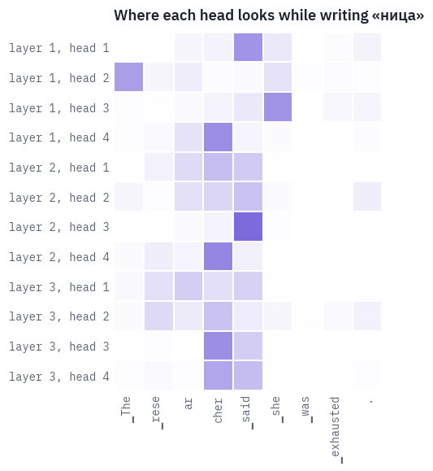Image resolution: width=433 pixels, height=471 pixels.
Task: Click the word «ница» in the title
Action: [398, 15]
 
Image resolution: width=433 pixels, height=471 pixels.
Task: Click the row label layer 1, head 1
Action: [59, 48]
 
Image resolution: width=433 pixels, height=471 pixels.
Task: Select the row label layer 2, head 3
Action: [59, 227]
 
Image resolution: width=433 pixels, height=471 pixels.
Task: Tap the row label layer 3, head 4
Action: [59, 377]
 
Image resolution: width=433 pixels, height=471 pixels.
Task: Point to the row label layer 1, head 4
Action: [59, 137]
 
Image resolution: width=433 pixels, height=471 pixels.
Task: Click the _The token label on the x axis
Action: [127, 409]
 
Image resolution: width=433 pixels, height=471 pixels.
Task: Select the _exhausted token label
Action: [336, 430]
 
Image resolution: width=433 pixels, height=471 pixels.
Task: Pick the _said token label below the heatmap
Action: [247, 412]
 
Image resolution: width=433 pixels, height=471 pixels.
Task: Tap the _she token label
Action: [277, 409]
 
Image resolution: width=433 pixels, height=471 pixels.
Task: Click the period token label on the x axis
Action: [371, 401]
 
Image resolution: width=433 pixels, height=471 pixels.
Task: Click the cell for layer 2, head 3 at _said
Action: [248, 226]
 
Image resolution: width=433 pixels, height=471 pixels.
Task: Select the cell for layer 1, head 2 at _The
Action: [128, 77]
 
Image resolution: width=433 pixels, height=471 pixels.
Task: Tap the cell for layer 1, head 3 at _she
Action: [278, 107]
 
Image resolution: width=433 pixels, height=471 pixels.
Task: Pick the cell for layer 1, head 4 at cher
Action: [219, 137]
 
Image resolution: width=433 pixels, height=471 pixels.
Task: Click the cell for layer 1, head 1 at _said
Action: [248, 47]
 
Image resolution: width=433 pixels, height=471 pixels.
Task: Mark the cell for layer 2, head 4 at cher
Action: [219, 256]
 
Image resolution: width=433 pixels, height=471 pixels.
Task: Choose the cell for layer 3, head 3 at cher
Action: [219, 346]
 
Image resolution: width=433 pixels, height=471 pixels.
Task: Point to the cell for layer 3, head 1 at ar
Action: [188, 286]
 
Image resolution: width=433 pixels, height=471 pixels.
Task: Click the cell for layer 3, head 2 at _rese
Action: [158, 316]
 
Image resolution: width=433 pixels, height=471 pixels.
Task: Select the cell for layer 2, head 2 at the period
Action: [367, 196]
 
